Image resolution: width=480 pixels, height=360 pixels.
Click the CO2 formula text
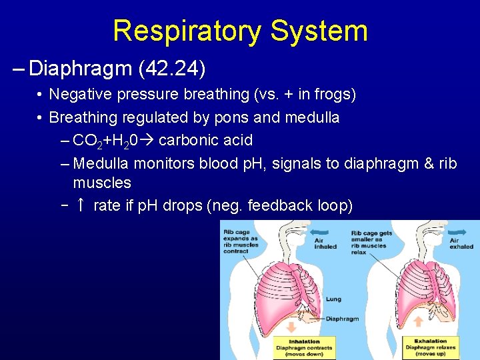87,141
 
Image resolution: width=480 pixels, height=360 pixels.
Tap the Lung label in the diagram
333,299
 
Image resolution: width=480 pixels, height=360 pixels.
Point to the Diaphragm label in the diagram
342,319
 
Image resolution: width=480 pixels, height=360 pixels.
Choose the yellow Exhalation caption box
430,347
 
